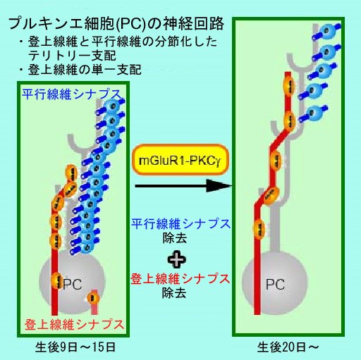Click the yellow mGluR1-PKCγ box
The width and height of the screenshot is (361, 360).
[x=180, y=160]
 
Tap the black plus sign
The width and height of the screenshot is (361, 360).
[x=176, y=259]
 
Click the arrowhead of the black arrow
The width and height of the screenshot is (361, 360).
[x=219, y=186]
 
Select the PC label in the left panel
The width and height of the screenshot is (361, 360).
[x=73, y=284]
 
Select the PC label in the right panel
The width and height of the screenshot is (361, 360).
[x=275, y=284]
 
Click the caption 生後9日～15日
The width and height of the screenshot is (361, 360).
[x=75, y=347]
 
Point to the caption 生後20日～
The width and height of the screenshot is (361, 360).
[x=288, y=347]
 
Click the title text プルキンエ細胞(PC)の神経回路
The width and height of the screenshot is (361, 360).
[x=116, y=24]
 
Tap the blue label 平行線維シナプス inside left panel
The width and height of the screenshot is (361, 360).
[x=72, y=94]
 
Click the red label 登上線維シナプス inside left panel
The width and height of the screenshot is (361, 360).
[x=74, y=325]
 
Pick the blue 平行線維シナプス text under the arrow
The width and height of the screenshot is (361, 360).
[x=180, y=223]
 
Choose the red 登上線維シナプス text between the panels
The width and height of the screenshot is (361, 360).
[x=180, y=278]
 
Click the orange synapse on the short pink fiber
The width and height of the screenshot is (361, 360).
[x=93, y=298]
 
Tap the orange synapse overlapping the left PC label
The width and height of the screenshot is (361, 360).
[x=56, y=280]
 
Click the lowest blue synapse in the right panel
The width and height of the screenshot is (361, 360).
[x=314, y=113]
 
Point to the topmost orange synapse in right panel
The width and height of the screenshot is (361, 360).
[x=289, y=87]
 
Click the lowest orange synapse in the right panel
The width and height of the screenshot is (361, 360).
[x=259, y=228]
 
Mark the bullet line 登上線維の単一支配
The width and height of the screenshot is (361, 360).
[x=80, y=70]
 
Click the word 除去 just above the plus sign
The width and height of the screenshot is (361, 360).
[x=174, y=239]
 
